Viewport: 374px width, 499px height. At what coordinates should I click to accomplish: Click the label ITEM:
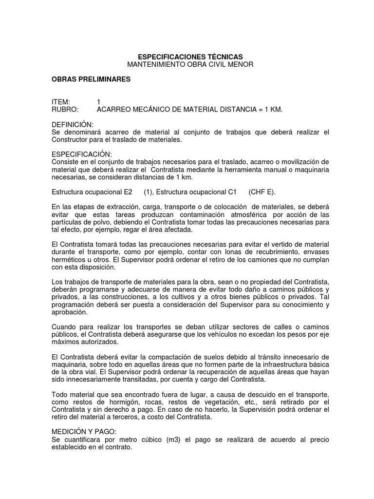(61, 102)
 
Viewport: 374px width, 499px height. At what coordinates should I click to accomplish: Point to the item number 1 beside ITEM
(99, 102)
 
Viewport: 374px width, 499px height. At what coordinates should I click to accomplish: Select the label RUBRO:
(65, 110)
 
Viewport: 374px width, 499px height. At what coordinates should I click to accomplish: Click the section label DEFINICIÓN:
(73, 125)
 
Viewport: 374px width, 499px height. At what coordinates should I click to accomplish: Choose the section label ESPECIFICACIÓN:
(81, 154)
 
